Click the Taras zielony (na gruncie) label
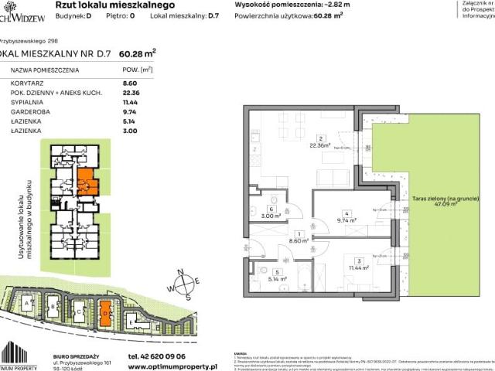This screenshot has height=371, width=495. (439, 199)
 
